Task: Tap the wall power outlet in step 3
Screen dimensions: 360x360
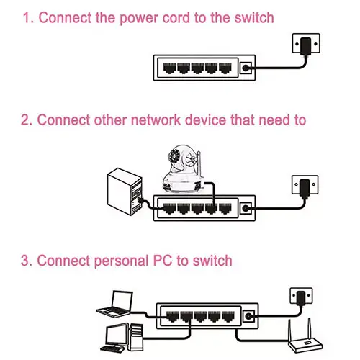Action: [302, 297]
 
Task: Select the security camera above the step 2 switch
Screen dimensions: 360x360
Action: [179, 168]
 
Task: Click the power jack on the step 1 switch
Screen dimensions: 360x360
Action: [247, 69]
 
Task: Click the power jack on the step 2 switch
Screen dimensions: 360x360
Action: [247, 209]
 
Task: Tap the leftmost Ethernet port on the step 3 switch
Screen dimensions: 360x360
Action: [171, 316]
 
